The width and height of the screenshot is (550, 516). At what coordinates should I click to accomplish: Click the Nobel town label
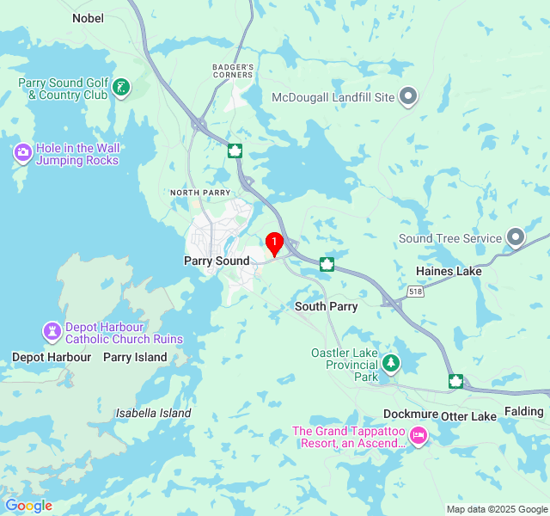(x=88, y=17)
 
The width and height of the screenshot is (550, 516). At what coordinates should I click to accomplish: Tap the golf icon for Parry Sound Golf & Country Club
(x=122, y=86)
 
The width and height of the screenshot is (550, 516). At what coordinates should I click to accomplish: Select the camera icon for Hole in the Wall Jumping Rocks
(x=23, y=153)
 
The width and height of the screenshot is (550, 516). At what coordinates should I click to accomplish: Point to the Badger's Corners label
(x=233, y=71)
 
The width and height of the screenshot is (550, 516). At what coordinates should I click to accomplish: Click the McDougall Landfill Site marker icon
(x=409, y=97)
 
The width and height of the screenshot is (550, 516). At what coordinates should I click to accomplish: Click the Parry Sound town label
(x=217, y=261)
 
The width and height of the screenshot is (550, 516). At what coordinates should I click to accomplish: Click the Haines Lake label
(x=449, y=271)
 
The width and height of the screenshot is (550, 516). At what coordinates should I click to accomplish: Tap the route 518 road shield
(x=417, y=292)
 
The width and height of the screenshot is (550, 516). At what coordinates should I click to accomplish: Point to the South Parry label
(x=326, y=306)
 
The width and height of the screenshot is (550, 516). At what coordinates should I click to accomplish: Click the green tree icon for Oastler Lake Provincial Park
(x=391, y=364)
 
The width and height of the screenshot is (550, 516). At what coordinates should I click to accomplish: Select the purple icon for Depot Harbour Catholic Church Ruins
(x=52, y=331)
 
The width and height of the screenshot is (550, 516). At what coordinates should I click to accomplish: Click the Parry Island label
(x=135, y=357)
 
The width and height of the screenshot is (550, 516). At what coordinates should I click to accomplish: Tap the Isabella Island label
(x=153, y=413)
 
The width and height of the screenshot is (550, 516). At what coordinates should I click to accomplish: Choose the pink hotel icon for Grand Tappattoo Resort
(x=419, y=436)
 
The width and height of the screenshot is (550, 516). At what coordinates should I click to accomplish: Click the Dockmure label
(x=410, y=415)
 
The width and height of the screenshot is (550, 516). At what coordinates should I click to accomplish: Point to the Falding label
(x=523, y=412)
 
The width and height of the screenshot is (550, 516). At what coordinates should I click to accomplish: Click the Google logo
(x=28, y=506)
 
